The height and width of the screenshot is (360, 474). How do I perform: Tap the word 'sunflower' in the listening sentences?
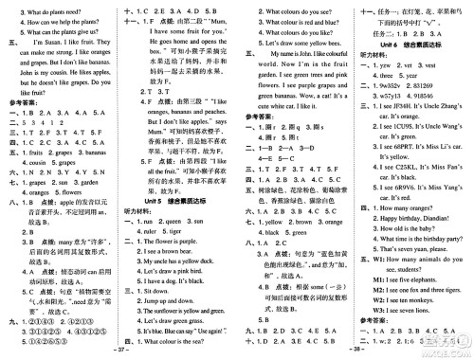pyautogui.click(x=179, y=334)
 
